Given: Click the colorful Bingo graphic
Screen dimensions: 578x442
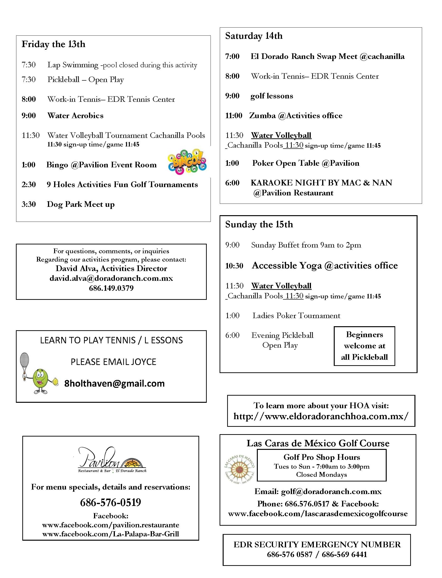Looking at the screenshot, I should pos(187,162).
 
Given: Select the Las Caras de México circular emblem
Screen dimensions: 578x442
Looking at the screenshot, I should pos(239,469).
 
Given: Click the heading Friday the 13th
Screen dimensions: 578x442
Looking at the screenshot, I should pos(53,44).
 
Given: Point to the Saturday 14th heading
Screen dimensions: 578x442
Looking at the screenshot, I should pos(254,36).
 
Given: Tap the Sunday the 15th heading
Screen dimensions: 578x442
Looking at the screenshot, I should pos(259,224).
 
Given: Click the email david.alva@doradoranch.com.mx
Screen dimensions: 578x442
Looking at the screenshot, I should pos(111,278).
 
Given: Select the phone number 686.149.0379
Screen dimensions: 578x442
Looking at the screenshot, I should pos(111,288).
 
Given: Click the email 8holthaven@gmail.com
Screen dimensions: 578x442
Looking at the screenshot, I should pos(114,383).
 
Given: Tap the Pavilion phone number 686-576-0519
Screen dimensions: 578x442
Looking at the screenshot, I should pos(111,502).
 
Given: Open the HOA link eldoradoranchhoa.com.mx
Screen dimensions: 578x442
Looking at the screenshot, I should pos(321,416).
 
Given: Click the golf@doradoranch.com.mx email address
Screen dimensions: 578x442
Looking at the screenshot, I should pos(331,491).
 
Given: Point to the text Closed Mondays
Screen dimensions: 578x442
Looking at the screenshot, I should pos(321,475).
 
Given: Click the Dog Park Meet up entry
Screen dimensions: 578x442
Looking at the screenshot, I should pos(80,204).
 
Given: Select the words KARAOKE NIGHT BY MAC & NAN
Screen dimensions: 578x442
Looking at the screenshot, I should pos(321,183).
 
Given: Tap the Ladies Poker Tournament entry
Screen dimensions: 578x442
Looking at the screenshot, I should pos(296,316).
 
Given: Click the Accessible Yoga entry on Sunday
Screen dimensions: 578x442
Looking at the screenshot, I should pos(325,266).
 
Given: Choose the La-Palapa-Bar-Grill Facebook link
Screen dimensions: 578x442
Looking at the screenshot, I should pos(111,534).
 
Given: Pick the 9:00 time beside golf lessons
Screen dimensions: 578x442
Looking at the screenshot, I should pos(232,96).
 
